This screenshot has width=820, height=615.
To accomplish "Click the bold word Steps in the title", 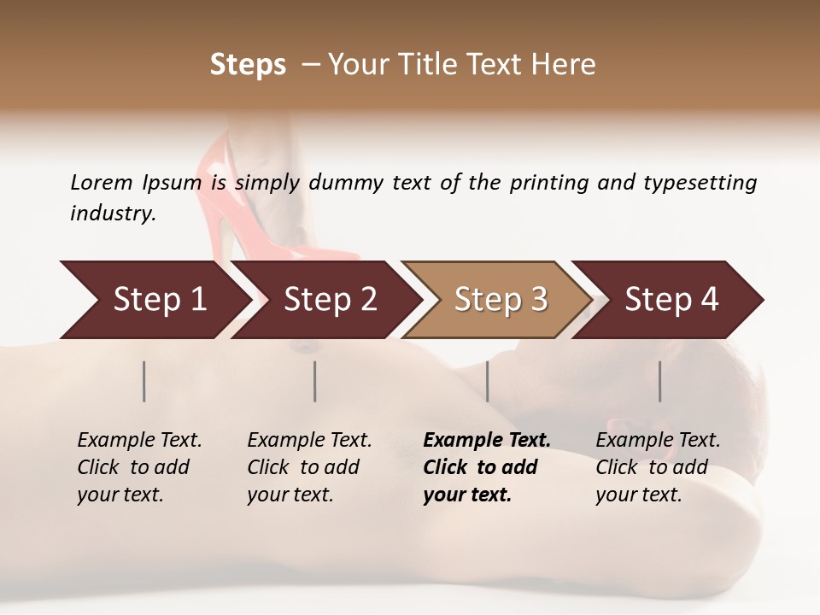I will point(248,65).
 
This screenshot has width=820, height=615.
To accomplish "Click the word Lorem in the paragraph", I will point(102,182).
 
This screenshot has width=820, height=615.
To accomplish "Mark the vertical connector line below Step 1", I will point(144,381).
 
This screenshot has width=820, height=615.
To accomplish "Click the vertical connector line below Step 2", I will point(315,381).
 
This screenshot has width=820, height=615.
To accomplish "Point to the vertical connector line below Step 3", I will point(488,381).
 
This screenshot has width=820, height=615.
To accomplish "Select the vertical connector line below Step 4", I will point(660,381).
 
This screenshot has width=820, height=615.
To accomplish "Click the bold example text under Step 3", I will point(486,467).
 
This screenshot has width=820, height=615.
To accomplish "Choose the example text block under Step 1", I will point(138,467).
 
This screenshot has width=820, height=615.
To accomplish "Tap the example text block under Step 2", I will point(308,467).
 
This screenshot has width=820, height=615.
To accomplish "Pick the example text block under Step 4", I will point(657,467).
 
